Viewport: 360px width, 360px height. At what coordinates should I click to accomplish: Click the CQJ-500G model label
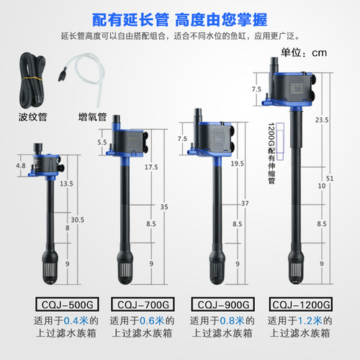click(50, 304)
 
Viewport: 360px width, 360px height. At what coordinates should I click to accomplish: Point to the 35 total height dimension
click(165, 207)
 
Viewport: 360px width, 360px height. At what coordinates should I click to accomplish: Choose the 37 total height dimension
click(246, 204)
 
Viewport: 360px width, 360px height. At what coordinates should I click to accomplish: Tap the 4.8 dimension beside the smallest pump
click(21, 164)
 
